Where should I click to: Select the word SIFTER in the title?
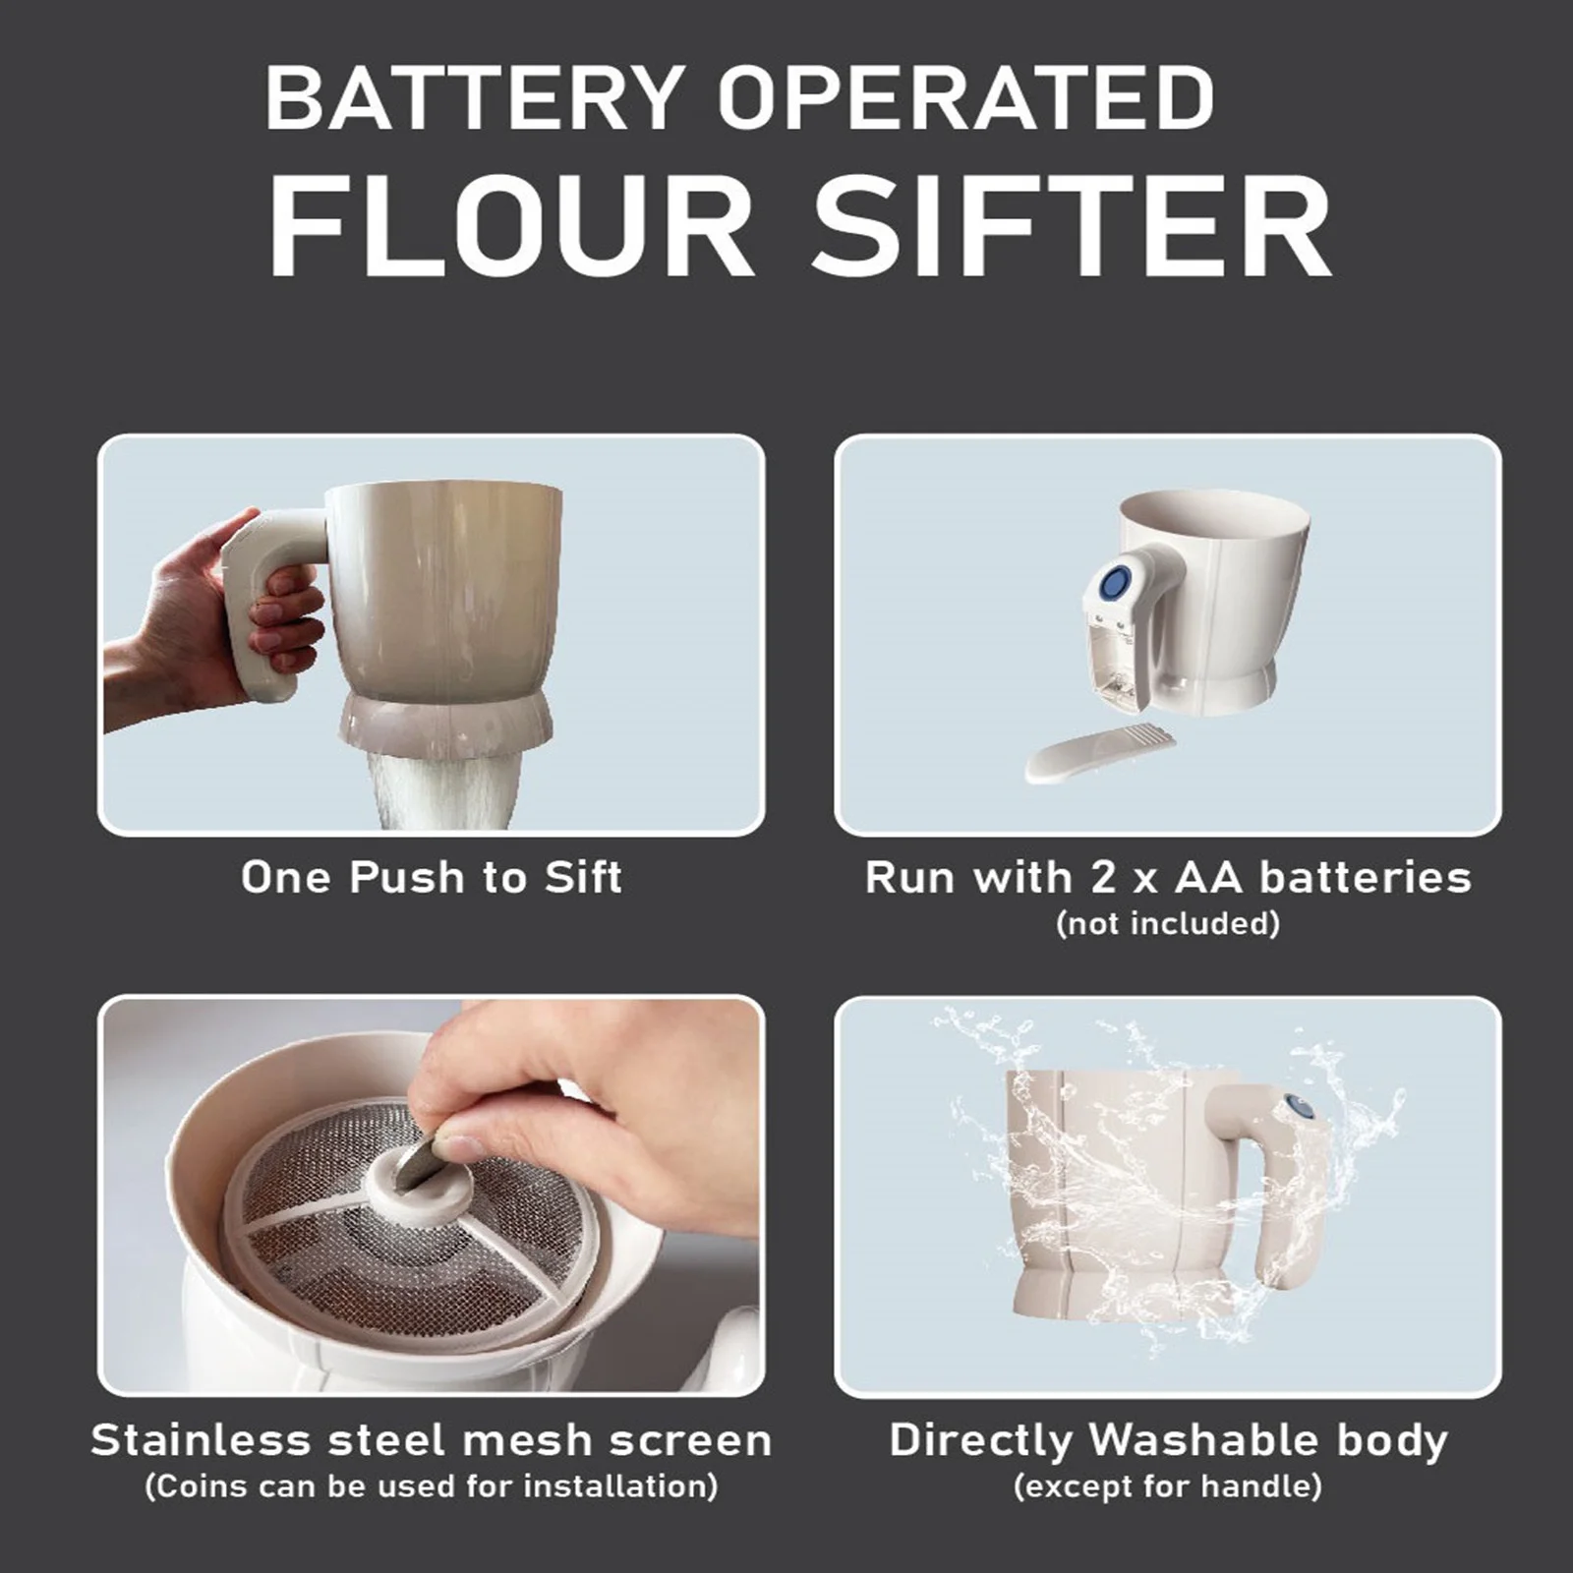(1071, 229)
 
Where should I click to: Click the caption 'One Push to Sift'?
(432, 877)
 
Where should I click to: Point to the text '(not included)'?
(1168, 923)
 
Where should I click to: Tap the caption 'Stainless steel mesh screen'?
(432, 1440)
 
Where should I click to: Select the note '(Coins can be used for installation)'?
(432, 1486)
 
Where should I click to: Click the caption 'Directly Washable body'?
(1168, 1440)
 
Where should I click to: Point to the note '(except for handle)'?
(1168, 1486)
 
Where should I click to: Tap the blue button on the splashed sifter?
(1300, 1108)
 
